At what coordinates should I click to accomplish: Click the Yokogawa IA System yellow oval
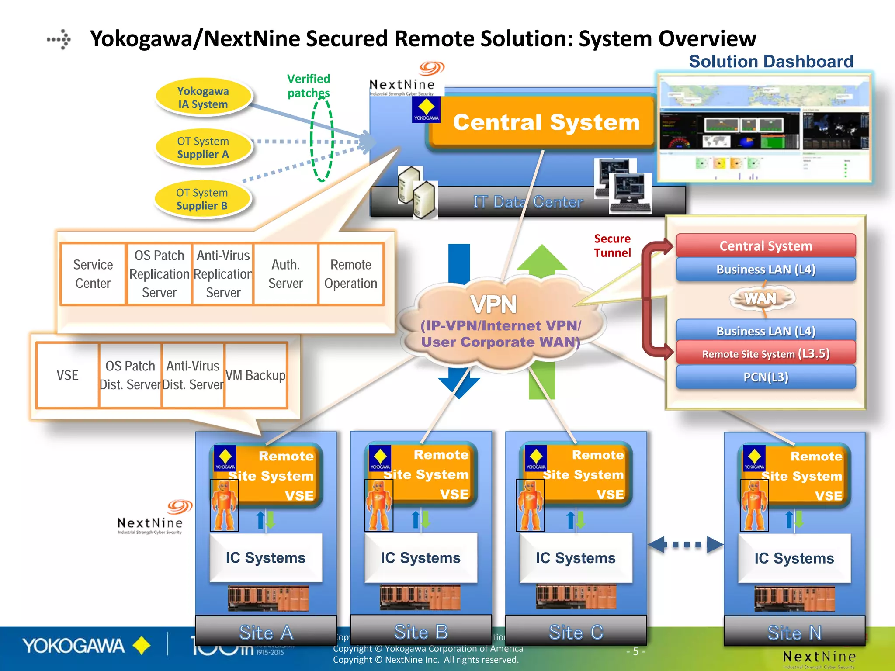coord(203,97)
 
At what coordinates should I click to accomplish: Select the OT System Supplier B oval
coord(202,199)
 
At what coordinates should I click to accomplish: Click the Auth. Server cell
coord(285,274)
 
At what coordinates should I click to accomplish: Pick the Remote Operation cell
coord(351,274)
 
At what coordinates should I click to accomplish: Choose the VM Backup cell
coord(256,375)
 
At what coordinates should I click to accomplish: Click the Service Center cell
coord(93,274)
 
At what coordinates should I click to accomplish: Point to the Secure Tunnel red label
coord(612,246)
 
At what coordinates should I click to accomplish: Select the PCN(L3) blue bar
coord(766,377)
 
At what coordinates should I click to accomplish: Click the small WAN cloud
coord(761,299)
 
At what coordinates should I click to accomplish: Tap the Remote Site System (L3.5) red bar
coord(766,353)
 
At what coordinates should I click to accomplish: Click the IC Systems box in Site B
coord(420,558)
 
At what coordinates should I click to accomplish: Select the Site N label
coord(794,633)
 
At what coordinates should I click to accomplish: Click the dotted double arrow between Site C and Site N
coord(686,545)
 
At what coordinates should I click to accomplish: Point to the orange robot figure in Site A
coord(224,506)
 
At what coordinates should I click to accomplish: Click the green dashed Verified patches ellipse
coord(322,140)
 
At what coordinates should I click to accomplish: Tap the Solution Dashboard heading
coord(771,62)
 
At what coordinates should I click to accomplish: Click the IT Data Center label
coord(528,202)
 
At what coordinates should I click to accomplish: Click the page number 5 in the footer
coord(635,651)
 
